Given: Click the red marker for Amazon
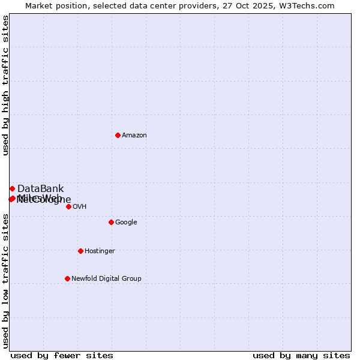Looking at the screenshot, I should click(118, 135).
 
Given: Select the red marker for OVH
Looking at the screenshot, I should click(68, 206).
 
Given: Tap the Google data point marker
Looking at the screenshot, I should click(111, 222).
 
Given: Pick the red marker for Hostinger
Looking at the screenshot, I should click(80, 251).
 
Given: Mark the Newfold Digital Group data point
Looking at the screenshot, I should click(67, 278).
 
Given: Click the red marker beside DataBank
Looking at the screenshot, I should click(12, 188).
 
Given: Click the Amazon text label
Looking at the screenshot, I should click(134, 136).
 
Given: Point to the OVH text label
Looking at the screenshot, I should click(80, 207).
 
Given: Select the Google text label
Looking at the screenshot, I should click(126, 223).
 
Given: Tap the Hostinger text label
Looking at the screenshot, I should click(100, 251).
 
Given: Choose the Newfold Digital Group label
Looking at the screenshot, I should click(106, 279).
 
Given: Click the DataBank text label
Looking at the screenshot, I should click(40, 189).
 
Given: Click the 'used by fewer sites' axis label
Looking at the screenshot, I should click(62, 355).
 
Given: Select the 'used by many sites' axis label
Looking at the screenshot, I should click(301, 355).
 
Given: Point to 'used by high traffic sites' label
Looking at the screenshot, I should click(5, 85).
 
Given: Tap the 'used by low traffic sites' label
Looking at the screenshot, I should click(5, 281).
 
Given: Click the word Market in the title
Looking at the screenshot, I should click(40, 6).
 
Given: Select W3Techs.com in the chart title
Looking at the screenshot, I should click(305, 6).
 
